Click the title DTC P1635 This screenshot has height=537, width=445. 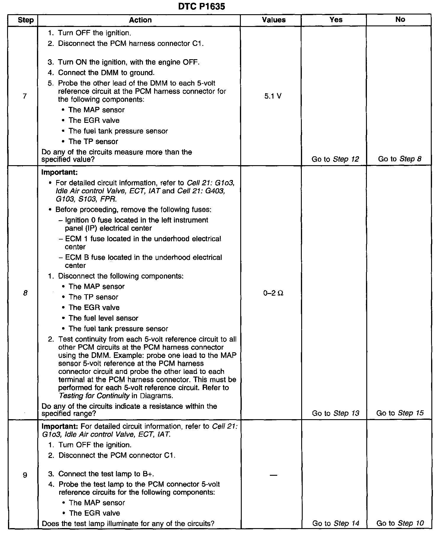(201, 7)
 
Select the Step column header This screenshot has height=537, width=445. (26, 20)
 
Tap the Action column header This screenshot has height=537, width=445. (140, 20)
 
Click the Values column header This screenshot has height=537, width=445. (274, 20)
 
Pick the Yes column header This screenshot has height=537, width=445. (336, 20)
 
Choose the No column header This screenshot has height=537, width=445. (400, 20)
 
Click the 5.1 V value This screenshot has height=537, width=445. (273, 96)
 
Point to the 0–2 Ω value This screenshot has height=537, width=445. (273, 293)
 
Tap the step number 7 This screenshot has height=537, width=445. (25, 96)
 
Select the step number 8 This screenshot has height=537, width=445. (25, 293)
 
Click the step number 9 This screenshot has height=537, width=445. (25, 475)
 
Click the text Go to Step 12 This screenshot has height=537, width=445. (335, 159)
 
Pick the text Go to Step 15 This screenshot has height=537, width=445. (400, 413)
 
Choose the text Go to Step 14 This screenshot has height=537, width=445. (336, 523)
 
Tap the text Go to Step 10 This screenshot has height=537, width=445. (400, 523)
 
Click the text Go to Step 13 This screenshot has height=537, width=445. (336, 413)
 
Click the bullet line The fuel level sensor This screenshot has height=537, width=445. (103, 318)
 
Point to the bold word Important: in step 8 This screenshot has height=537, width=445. (59, 172)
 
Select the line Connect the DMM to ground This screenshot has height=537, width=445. (106, 73)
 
